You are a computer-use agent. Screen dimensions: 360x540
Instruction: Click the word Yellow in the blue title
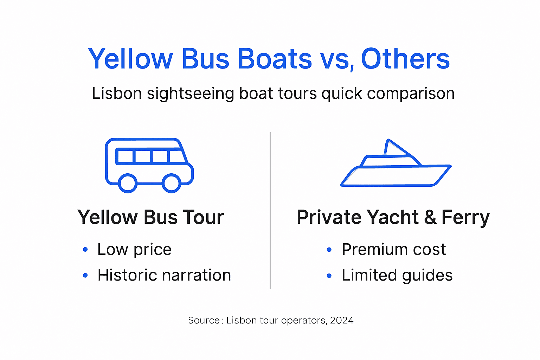tap(130, 59)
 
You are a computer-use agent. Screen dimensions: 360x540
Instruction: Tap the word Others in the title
tap(405, 59)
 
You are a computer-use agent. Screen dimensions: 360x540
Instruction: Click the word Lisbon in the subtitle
tap(117, 94)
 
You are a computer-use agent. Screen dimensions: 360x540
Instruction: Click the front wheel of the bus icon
tap(171, 183)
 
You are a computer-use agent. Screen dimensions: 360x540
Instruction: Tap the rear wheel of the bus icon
tap(127, 183)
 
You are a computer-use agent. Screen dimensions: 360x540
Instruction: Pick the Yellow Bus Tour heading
tap(150, 217)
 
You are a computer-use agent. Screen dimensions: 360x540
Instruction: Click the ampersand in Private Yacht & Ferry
tap(430, 217)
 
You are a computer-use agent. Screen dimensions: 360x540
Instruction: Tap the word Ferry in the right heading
tap(465, 217)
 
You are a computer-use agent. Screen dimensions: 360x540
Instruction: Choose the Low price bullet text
tap(134, 250)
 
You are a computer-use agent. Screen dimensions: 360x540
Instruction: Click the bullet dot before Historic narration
tap(85, 276)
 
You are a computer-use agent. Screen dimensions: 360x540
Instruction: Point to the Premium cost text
tap(394, 250)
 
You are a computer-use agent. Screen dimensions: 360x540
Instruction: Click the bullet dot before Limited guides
tap(329, 276)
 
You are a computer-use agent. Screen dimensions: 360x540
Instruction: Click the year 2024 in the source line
tap(342, 320)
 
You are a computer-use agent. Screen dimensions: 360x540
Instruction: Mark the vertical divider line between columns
tap(270, 211)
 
